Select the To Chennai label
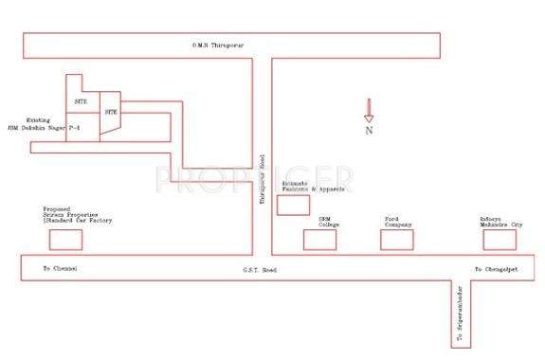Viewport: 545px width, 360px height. pyautogui.click(x=59, y=269)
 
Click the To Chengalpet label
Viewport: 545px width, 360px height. pyautogui.click(x=492, y=269)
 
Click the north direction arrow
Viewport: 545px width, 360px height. pyautogui.click(x=369, y=111)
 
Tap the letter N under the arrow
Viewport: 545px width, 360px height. pyautogui.click(x=369, y=132)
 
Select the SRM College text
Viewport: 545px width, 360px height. pyautogui.click(x=329, y=222)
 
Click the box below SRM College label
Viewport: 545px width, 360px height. pyautogui.click(x=320, y=240)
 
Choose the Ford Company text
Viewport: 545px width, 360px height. pyautogui.click(x=396, y=222)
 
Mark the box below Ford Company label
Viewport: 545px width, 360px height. pyautogui.click(x=397, y=240)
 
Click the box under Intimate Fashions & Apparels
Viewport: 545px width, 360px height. pyautogui.click(x=293, y=205)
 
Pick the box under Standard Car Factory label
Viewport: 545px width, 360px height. pyautogui.click(x=65, y=240)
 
